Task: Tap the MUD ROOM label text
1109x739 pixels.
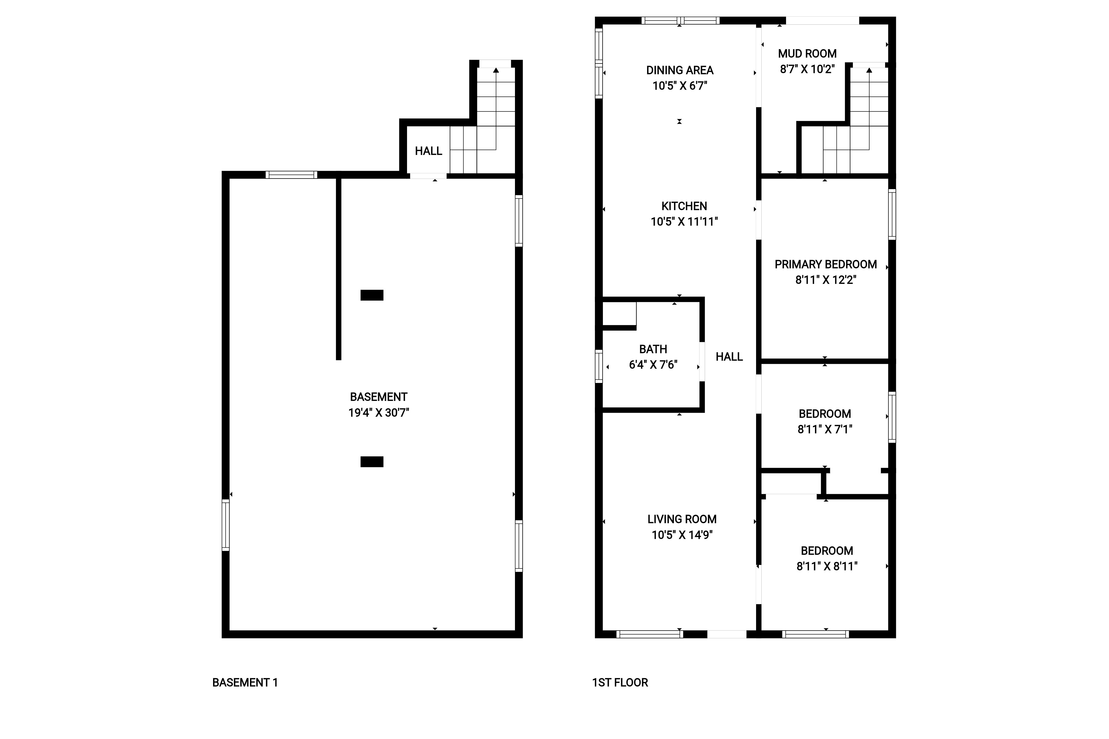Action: [x=807, y=54]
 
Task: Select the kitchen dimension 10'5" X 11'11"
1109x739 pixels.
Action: [x=684, y=222]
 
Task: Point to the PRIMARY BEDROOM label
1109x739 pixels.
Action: [x=826, y=264]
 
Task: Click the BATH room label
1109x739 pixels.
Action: [x=653, y=349]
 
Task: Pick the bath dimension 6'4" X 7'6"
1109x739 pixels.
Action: [x=653, y=365]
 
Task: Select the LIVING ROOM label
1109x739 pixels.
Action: [x=682, y=519]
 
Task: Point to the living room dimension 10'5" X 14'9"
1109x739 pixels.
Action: [x=682, y=535]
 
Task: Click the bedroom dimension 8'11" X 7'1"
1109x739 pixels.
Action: [x=825, y=429]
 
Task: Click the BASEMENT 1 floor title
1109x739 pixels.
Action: [x=245, y=682]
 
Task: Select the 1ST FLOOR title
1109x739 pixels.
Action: [x=620, y=682]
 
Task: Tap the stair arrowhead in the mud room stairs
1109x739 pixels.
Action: [x=869, y=70]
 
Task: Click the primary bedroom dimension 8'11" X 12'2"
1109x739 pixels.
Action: [x=826, y=280]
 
